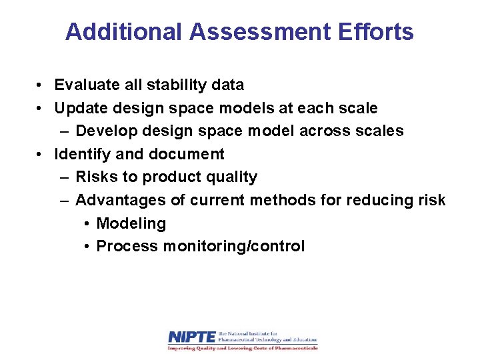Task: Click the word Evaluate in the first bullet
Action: click(83, 85)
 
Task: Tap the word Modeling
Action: click(131, 223)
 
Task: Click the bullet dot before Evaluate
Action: click(41, 85)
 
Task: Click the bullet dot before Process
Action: click(87, 246)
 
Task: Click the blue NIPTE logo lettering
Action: click(191, 337)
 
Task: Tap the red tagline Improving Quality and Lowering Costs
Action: click(243, 348)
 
